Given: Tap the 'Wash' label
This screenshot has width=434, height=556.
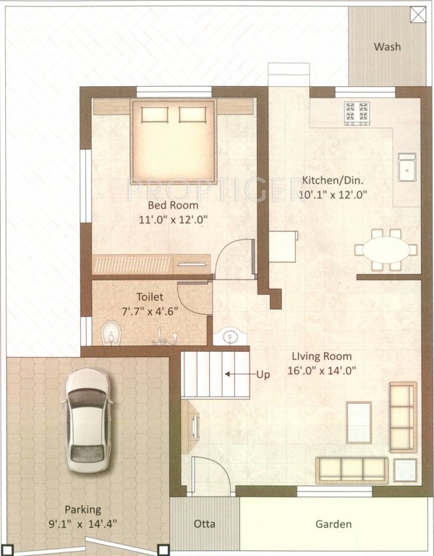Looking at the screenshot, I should coord(387,47).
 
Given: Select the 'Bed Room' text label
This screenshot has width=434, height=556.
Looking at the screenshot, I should coord(173,205).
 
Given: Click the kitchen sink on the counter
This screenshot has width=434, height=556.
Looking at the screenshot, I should coord(407,169).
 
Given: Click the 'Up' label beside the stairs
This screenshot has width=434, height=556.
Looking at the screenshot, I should coord(265,374).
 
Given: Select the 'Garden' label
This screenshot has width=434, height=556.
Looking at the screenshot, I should coord(333,524).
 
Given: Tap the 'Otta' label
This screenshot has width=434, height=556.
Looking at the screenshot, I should coord(205,524).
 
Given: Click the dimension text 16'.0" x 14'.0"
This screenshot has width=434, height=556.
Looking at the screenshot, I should coord(323,370).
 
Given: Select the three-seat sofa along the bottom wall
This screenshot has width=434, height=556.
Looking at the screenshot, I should coord(352,469).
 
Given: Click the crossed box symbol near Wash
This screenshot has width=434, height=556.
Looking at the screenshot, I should coord(417,13).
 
